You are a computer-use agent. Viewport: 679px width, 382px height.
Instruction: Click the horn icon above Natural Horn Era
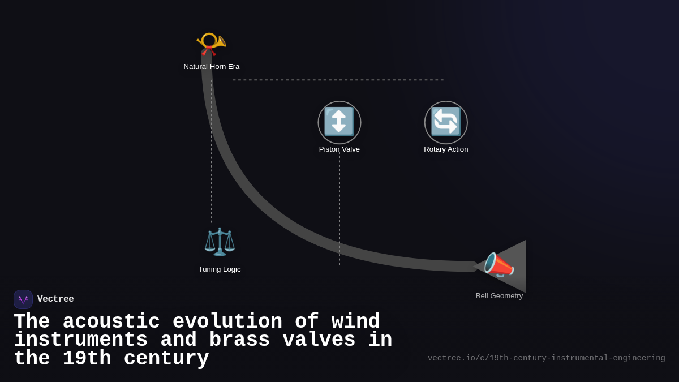(x=211, y=44)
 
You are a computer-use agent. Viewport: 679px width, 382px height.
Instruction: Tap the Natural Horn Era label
(x=212, y=67)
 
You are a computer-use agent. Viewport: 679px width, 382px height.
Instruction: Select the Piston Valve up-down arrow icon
(x=339, y=122)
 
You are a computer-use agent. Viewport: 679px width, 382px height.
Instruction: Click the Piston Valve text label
(x=339, y=149)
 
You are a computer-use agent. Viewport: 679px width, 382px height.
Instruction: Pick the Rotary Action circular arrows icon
(x=446, y=122)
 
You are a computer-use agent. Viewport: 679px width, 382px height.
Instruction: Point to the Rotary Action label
(x=446, y=149)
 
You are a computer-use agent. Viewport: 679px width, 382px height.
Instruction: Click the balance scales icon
(x=220, y=242)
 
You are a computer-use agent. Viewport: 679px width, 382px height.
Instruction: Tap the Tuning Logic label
(x=220, y=269)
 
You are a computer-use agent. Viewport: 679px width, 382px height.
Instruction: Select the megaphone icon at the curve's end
(x=498, y=265)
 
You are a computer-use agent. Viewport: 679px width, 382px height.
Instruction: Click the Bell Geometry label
(x=499, y=296)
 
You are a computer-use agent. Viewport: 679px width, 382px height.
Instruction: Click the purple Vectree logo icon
(x=23, y=299)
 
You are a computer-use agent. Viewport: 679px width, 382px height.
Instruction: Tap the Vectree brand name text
(x=55, y=299)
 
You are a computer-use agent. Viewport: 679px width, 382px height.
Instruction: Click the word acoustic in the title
(x=111, y=322)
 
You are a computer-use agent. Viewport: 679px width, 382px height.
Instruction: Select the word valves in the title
(x=319, y=340)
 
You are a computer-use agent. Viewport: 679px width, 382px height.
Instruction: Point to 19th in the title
(x=87, y=359)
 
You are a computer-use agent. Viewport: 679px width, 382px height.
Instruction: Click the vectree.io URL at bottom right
(x=546, y=358)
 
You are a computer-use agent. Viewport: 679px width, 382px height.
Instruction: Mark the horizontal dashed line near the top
(x=338, y=80)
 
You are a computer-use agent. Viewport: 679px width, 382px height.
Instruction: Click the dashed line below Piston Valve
(x=339, y=209)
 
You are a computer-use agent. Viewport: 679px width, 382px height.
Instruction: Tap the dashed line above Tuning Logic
(x=212, y=153)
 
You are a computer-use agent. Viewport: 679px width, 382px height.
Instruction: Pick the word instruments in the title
(x=81, y=340)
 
